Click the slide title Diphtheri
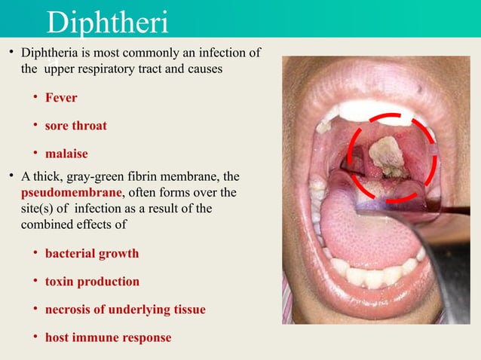107,23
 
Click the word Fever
61,98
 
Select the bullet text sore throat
75,126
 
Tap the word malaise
66,154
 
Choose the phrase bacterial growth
92,253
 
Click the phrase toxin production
92,282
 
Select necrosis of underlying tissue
125,310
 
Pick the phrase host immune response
108,337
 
